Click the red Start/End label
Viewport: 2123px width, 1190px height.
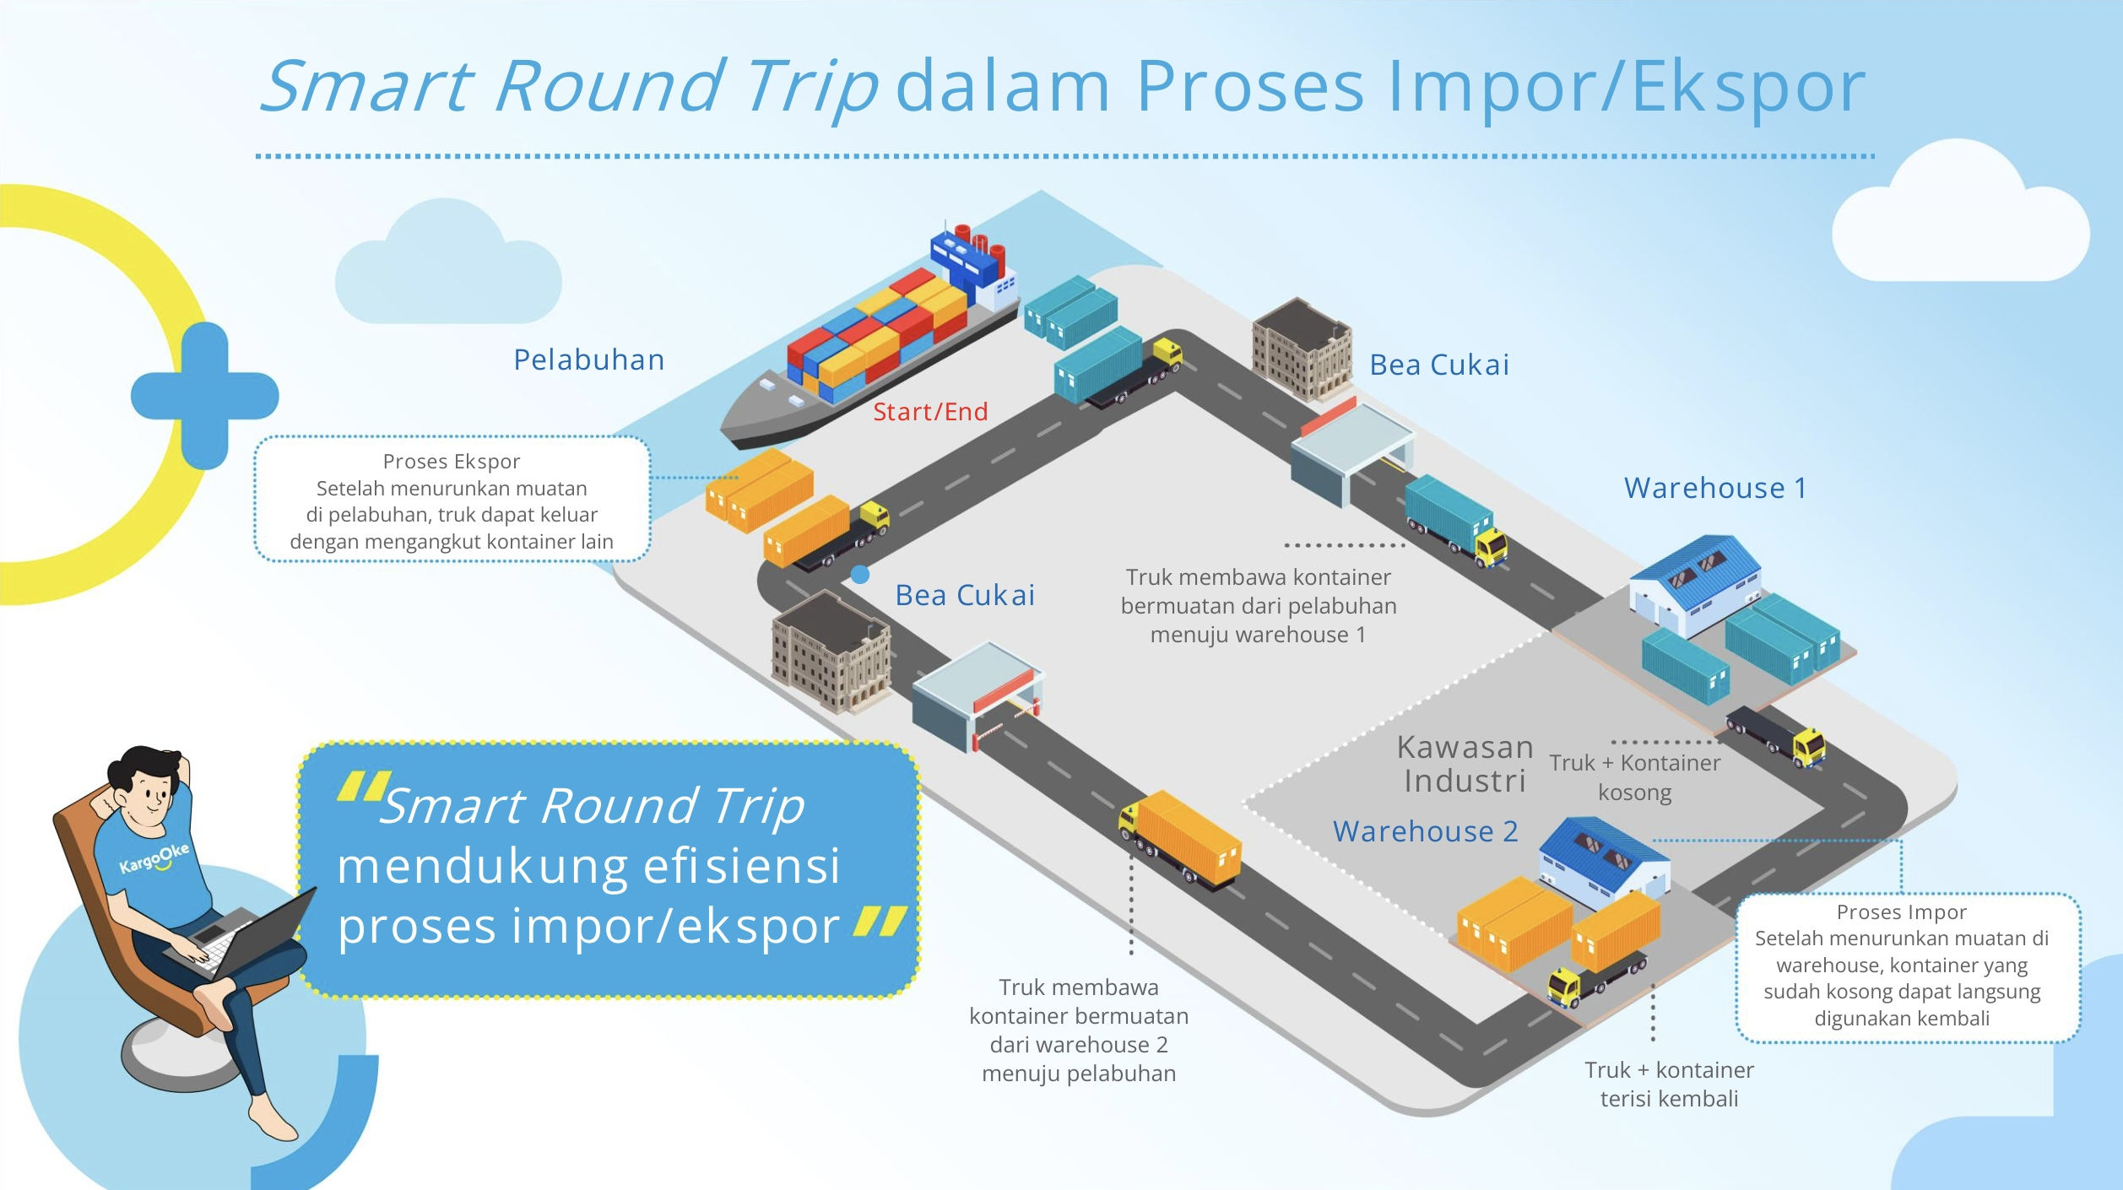[x=929, y=412]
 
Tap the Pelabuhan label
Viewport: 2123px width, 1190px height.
[x=588, y=360]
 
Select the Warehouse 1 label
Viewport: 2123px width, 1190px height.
[x=1714, y=488]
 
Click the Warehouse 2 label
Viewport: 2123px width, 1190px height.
[x=1425, y=831]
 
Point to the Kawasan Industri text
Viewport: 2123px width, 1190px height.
[x=1465, y=764]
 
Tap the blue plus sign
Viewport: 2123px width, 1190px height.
[x=205, y=396]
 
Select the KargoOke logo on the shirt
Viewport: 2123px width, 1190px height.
[x=154, y=860]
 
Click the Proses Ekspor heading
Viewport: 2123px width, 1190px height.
[x=451, y=462]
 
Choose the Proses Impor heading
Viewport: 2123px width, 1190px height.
[x=1901, y=912]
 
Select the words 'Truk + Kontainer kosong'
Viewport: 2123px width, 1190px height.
[x=1634, y=777]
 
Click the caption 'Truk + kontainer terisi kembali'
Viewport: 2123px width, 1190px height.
[x=1669, y=1085]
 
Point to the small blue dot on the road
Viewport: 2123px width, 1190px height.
[x=859, y=575]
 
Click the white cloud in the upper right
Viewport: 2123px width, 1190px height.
[x=1958, y=219]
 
